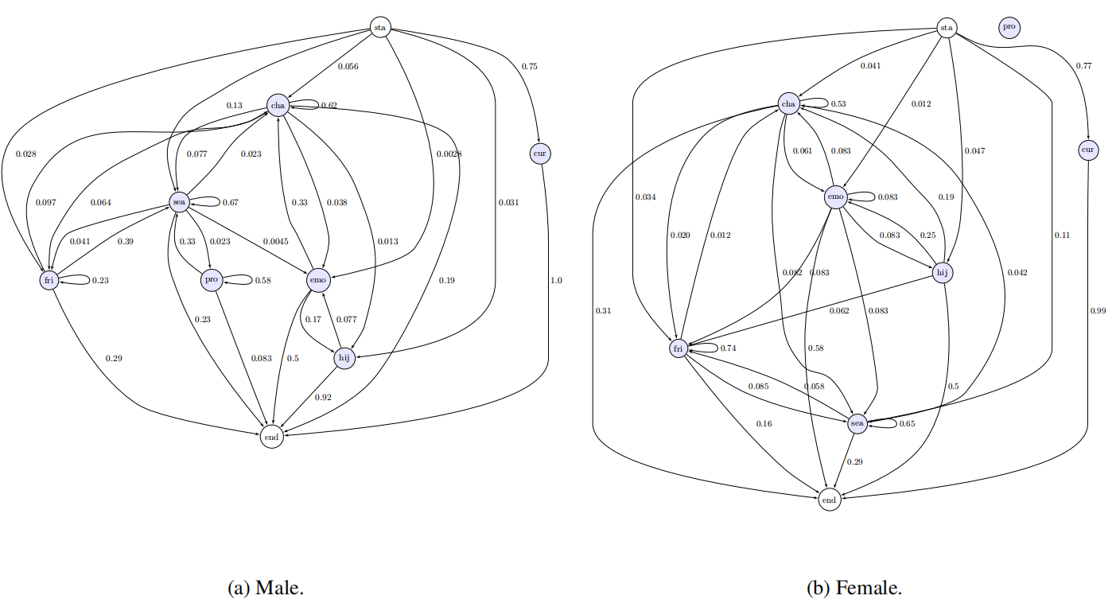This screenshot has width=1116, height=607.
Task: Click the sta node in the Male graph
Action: [380, 29]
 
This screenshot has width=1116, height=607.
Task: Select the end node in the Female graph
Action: [829, 500]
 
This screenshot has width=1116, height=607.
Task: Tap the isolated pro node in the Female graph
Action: [1009, 27]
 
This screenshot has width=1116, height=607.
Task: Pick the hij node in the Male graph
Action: [344, 359]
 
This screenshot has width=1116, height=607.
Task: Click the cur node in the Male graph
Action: [541, 153]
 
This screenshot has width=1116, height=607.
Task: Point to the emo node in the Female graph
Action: [835, 196]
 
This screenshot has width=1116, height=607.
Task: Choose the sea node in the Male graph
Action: [179, 203]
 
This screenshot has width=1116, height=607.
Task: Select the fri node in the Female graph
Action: [678, 348]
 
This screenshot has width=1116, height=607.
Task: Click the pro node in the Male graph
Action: [211, 280]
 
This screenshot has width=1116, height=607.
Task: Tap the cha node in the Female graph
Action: [788, 104]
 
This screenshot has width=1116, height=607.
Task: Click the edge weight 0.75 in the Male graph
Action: [529, 67]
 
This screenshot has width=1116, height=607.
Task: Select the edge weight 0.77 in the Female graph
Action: [1083, 65]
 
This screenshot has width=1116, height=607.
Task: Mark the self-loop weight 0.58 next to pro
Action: [262, 280]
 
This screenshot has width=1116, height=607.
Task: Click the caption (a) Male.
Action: [266, 589]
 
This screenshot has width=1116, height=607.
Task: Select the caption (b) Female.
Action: [854, 589]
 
